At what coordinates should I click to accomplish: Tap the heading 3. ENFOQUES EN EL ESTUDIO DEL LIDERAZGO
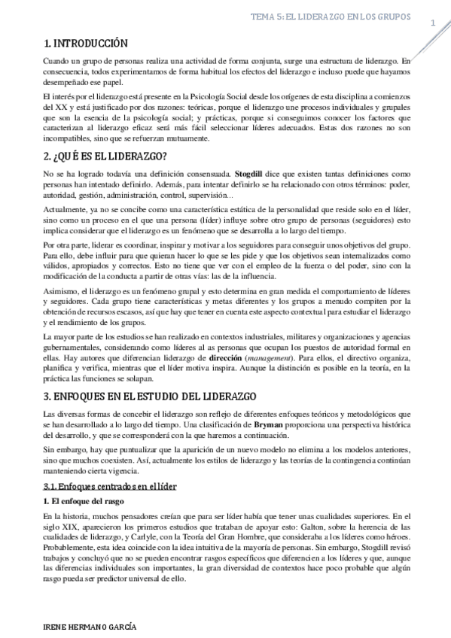tap(151, 396)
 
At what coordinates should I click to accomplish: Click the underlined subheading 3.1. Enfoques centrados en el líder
tap(110, 487)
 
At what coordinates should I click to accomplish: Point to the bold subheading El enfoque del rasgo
tap(83, 501)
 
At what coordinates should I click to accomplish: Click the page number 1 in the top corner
tap(434, 23)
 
